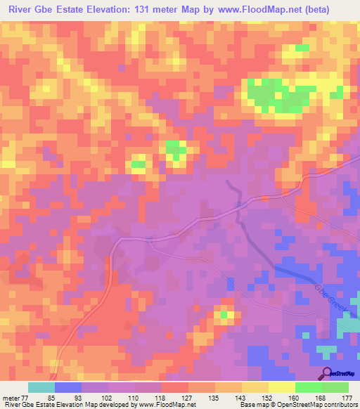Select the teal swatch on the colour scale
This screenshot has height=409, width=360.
click(x=41, y=387)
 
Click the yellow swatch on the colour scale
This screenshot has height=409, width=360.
click(x=281, y=387)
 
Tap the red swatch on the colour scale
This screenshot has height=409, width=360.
click(x=175, y=387)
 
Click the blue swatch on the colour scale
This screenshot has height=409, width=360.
click(x=68, y=387)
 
